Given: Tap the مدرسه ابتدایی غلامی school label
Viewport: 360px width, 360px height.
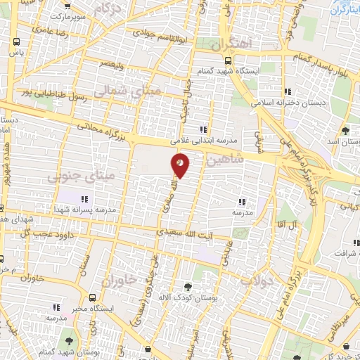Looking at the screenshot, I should pyautogui.click(x=205, y=139).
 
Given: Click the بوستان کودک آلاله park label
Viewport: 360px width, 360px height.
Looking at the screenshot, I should pyautogui.click(x=186, y=297).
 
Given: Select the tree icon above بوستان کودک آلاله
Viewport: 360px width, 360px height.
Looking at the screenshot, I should pyautogui.click(x=187, y=286).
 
